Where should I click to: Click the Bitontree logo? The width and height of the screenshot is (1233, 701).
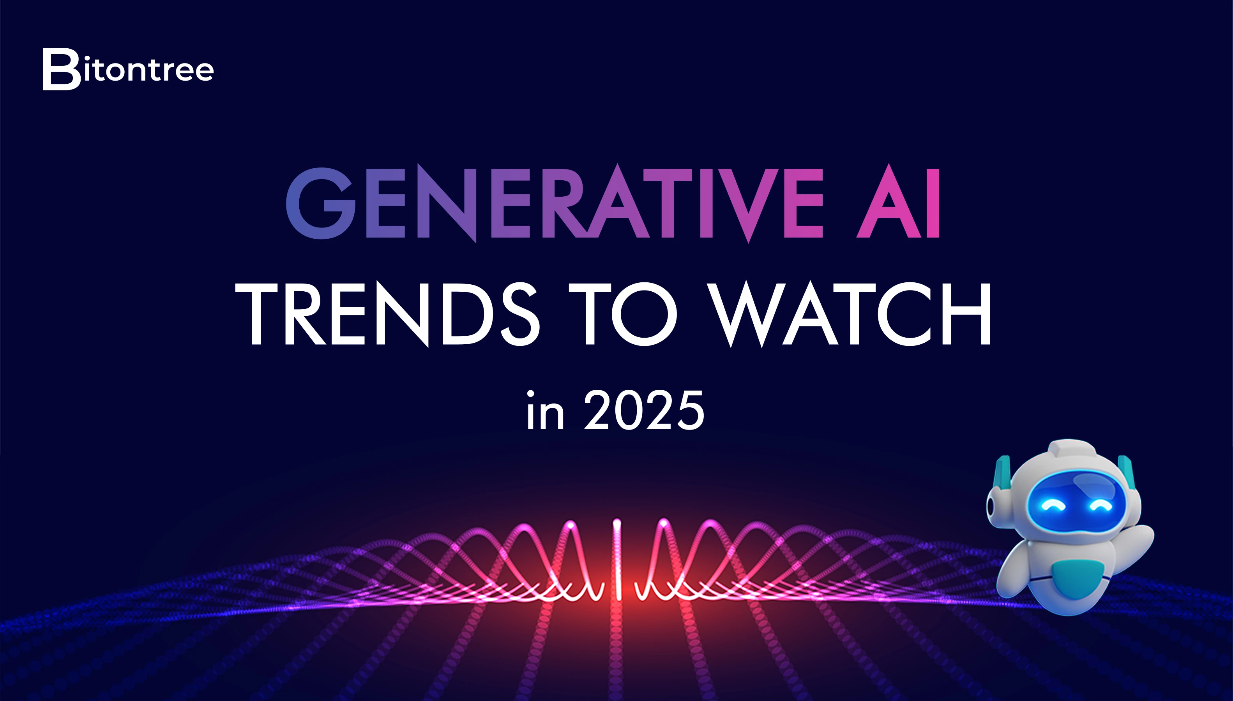[128, 69]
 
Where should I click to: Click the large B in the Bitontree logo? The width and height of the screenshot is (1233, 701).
[61, 69]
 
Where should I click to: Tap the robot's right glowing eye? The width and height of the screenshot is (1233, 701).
[1100, 505]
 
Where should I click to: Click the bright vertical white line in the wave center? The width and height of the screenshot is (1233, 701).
[617, 558]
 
